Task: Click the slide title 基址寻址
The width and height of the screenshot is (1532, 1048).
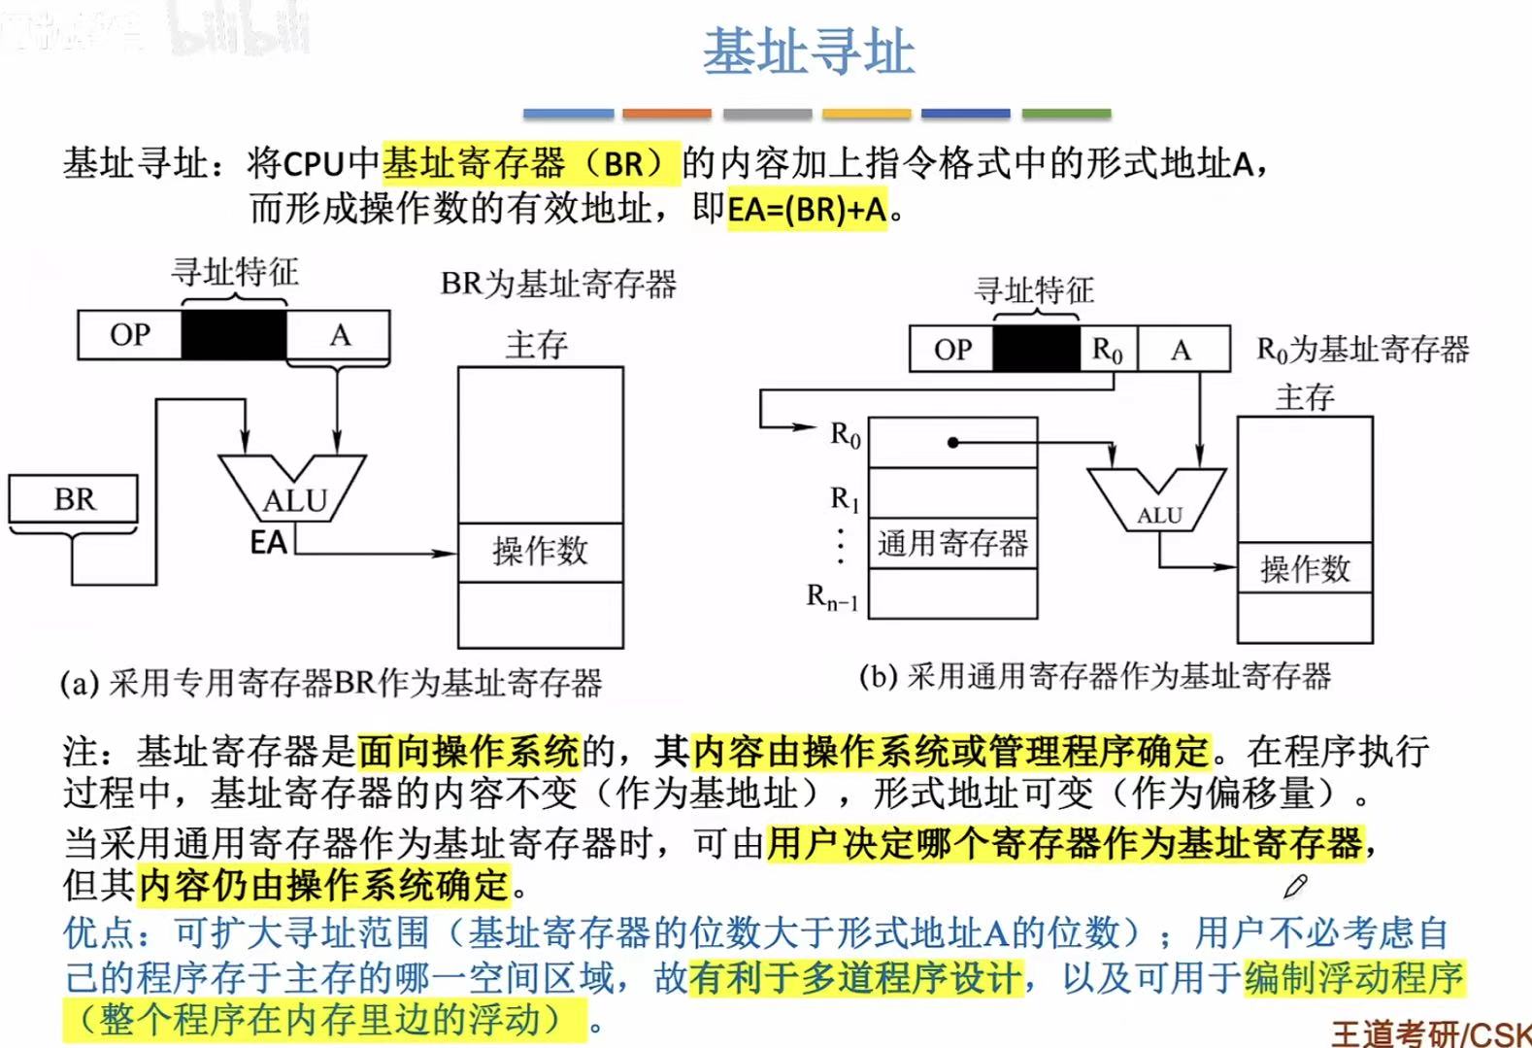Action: tap(809, 52)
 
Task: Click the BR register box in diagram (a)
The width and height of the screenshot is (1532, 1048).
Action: tap(74, 499)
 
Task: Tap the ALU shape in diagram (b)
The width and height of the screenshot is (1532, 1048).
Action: tap(1157, 499)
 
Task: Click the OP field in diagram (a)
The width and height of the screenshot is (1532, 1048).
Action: tap(130, 335)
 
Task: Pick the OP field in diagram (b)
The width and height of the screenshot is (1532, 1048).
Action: tap(951, 350)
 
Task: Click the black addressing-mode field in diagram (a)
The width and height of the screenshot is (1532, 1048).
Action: tap(234, 335)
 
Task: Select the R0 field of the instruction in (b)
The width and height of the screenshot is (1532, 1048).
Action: tap(1108, 350)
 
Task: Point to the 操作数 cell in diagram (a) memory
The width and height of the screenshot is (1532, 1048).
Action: tap(540, 552)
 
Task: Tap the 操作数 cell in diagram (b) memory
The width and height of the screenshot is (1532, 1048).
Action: tap(1304, 568)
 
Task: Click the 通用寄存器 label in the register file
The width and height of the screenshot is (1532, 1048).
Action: tap(952, 543)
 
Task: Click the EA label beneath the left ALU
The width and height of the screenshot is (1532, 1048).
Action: tap(268, 542)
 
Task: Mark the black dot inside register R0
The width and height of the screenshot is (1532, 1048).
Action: tap(953, 443)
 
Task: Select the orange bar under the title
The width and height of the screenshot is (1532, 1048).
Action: tap(666, 114)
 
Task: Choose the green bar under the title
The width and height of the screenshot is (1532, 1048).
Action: tap(1066, 114)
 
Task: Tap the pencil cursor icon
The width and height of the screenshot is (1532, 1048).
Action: tap(1295, 886)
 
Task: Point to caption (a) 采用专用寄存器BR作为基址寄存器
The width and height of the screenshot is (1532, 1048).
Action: tap(331, 683)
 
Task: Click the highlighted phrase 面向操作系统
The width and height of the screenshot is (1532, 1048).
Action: tap(468, 751)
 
